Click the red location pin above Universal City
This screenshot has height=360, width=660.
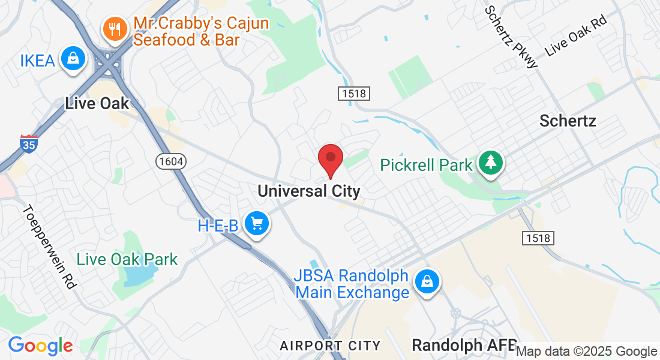click(x=330, y=159)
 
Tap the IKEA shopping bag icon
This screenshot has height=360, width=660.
click(x=72, y=59)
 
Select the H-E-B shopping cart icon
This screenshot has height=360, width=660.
click(x=257, y=224)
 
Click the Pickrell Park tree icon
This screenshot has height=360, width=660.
click(x=491, y=163)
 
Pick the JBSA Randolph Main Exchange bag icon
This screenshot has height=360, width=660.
click(x=427, y=282)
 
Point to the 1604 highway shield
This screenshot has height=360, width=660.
click(x=170, y=161)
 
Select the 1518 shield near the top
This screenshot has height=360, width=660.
click(x=353, y=94)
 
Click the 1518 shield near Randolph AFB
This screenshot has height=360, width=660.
click(x=536, y=238)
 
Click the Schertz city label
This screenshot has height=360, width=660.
click(x=568, y=121)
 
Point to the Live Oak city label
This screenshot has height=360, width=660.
click(x=97, y=103)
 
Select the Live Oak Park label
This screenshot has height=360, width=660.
click(x=127, y=259)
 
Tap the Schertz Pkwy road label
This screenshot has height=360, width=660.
click(x=511, y=37)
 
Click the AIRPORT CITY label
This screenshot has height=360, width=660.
click(x=330, y=346)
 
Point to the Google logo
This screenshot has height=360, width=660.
click(x=40, y=346)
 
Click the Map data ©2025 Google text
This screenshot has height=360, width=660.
click(x=587, y=352)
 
